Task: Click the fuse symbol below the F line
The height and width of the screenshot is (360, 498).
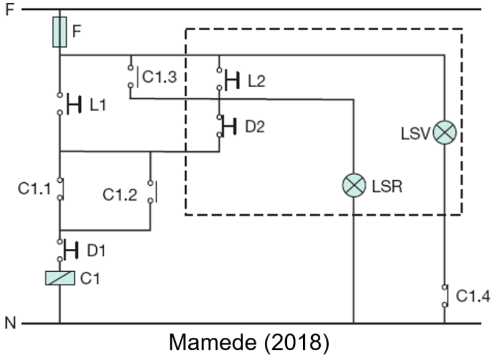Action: (59, 32)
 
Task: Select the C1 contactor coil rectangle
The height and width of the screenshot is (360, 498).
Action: (60, 278)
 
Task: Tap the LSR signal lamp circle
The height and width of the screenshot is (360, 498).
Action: (354, 185)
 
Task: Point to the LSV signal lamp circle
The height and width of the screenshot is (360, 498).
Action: (445, 133)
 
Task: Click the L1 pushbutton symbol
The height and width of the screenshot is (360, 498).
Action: (69, 104)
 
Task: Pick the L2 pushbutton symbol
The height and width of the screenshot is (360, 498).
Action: (228, 79)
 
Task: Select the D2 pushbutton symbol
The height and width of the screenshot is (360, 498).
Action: (226, 126)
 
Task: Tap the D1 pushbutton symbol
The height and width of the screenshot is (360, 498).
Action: (68, 250)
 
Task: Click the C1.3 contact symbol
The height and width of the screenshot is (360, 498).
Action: (133, 76)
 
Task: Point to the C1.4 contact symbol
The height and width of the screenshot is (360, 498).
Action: (446, 296)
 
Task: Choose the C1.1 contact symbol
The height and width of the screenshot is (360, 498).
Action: (60, 189)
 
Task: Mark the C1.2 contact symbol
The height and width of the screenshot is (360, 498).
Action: (153, 191)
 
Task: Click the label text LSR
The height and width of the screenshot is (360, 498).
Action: (387, 186)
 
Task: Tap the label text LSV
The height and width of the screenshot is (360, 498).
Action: (415, 133)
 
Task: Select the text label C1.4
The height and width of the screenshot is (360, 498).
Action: (473, 296)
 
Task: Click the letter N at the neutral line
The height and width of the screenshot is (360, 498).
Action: (10, 323)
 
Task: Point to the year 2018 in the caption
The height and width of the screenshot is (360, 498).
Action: (297, 343)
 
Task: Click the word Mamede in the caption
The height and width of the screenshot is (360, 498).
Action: (213, 343)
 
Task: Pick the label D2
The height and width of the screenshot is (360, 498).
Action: (255, 127)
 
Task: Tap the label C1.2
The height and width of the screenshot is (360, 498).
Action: (120, 195)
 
